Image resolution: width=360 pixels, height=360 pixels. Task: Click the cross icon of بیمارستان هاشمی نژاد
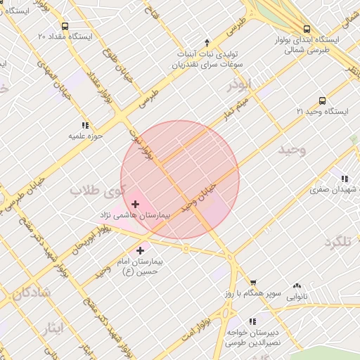click(x=136, y=204)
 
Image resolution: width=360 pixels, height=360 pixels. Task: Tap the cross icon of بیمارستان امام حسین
click(x=142, y=250)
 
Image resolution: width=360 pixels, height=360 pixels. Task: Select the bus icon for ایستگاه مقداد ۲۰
click(x=65, y=25)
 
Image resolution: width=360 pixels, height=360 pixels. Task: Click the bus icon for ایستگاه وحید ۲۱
click(x=322, y=101)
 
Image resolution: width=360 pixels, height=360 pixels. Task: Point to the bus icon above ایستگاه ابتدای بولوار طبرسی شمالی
click(x=307, y=29)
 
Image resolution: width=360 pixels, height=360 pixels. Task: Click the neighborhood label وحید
click(x=292, y=150)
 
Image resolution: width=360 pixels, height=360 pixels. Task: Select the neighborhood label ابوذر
click(x=240, y=85)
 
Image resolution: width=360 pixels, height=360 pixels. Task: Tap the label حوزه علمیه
click(x=86, y=136)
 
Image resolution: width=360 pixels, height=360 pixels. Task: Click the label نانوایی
click(x=296, y=297)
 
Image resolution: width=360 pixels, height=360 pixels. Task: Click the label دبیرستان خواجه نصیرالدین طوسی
click(x=252, y=337)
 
